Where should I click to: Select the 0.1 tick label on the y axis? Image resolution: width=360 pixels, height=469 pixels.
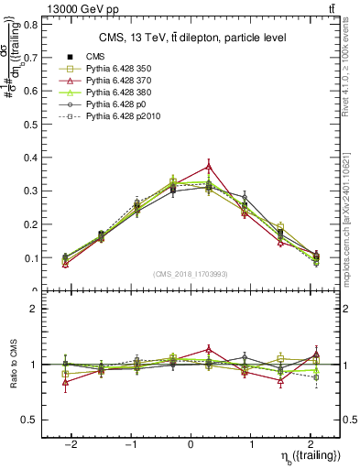[x=30, y=257]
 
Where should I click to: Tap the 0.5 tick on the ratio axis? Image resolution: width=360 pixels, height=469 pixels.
[x=30, y=420]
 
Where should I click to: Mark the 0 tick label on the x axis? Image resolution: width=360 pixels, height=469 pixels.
[x=191, y=442]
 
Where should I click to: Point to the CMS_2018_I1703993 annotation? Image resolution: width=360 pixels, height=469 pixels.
[x=190, y=273]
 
